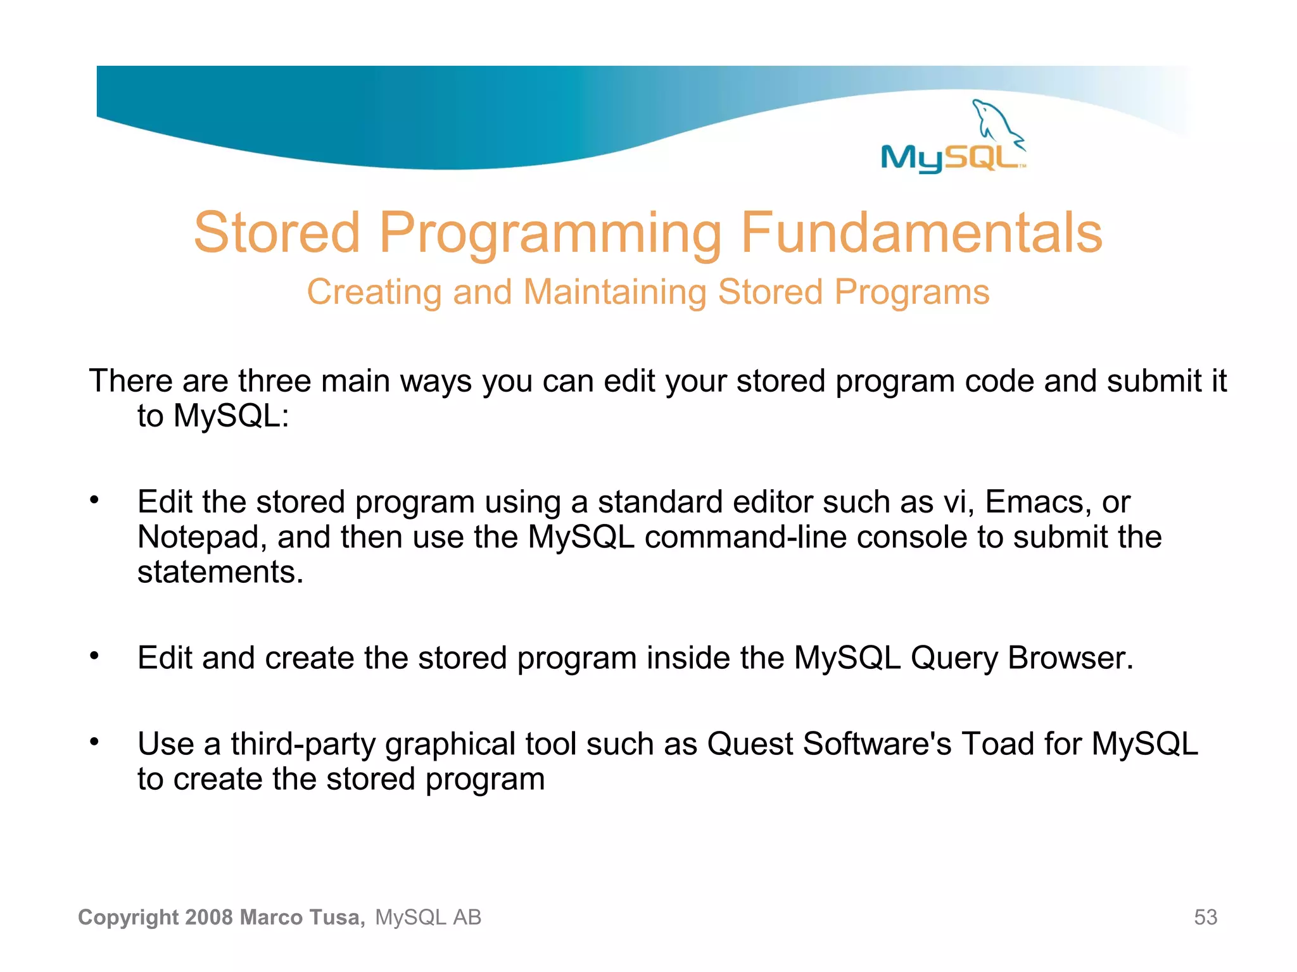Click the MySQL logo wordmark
(x=950, y=158)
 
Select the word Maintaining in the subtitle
(x=614, y=292)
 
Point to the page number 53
(x=1205, y=917)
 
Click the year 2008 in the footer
(x=210, y=917)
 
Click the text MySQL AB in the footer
(x=428, y=917)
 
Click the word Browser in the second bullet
(x=1070, y=657)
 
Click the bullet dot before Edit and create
(x=94, y=656)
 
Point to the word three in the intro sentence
(x=274, y=381)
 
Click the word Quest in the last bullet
(x=750, y=744)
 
